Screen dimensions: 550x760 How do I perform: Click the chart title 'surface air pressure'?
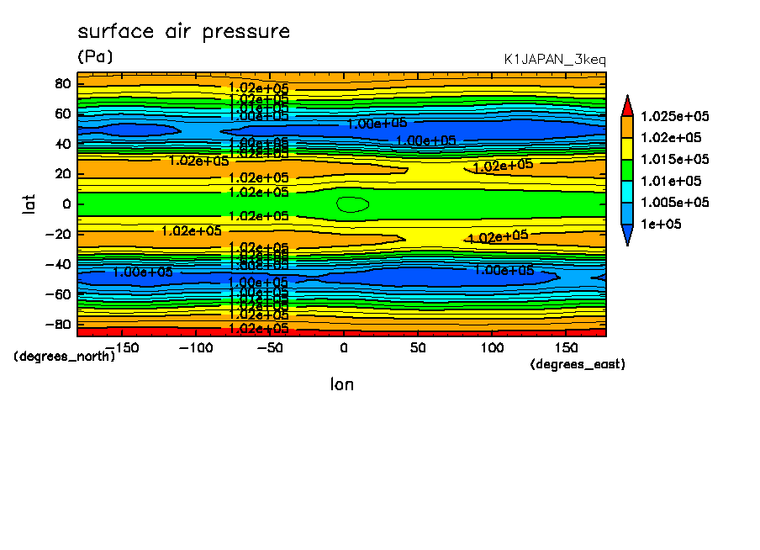tap(183, 32)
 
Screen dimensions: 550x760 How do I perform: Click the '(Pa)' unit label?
tap(94, 57)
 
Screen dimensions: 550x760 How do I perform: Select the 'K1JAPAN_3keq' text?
tap(554, 60)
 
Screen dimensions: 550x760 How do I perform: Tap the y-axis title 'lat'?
tap(29, 204)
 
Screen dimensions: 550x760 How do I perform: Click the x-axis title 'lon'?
tap(341, 384)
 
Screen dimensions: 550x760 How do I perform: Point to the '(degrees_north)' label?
tap(65, 356)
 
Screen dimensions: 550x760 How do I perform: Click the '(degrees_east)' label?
tap(578, 364)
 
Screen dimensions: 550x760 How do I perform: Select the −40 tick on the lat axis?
tap(59, 264)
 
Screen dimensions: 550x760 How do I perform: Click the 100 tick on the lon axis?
tap(492, 348)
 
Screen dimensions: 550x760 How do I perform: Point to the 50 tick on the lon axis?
tap(418, 348)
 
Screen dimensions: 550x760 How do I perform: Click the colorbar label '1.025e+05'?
tap(674, 116)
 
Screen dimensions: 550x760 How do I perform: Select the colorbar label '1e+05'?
tap(661, 225)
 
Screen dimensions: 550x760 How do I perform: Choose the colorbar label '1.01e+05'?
tap(670, 181)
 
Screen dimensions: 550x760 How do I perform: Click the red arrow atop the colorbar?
tap(627, 105)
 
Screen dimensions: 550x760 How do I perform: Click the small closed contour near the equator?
tap(353, 204)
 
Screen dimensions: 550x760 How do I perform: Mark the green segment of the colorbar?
tap(627, 170)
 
